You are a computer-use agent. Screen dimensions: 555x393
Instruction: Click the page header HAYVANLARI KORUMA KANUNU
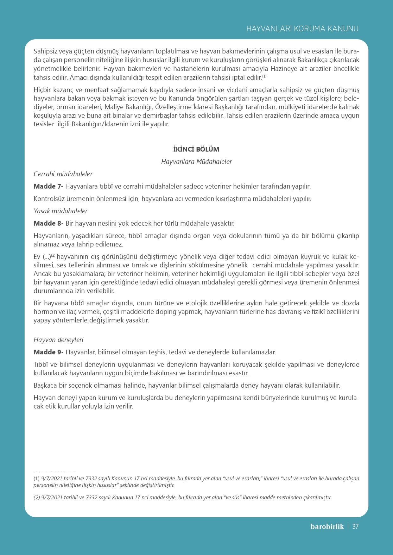(x=302, y=29)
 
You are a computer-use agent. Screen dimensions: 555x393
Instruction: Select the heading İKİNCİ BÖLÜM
(x=196, y=149)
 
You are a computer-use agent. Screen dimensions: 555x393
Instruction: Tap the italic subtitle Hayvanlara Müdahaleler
(x=196, y=162)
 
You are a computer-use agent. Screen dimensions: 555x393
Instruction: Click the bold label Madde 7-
(x=48, y=186)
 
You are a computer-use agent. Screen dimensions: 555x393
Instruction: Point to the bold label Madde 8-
(x=48, y=223)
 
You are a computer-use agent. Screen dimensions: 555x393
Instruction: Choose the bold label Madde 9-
(x=48, y=352)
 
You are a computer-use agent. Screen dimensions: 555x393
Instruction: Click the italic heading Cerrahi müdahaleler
(x=63, y=174)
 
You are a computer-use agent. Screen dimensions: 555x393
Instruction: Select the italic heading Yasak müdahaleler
(x=60, y=211)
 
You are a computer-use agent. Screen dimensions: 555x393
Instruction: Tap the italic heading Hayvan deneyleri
(x=59, y=340)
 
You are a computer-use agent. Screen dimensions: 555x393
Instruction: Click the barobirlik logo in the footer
(x=327, y=527)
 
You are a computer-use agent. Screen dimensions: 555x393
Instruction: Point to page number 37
(x=355, y=527)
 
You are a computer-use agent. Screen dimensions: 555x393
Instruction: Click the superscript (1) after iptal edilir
(x=264, y=76)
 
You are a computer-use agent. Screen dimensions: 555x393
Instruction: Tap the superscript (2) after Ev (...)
(x=53, y=255)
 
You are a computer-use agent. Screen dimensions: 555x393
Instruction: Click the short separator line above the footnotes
(x=54, y=471)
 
